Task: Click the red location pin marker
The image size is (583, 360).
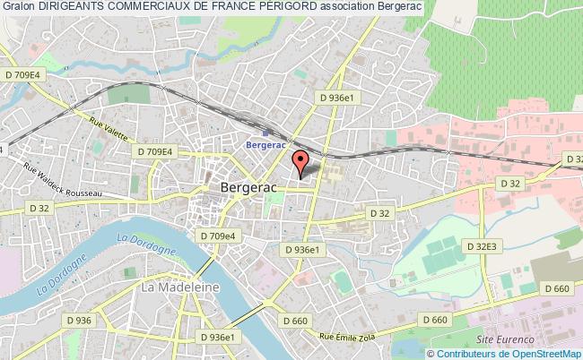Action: pos(300,161)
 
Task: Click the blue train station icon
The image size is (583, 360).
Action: pos(251,129)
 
